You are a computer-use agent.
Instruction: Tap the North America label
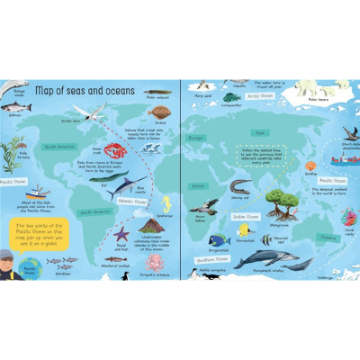[60, 146]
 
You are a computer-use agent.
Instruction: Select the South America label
[94, 212]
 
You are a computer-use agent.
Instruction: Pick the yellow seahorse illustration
[164, 204]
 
